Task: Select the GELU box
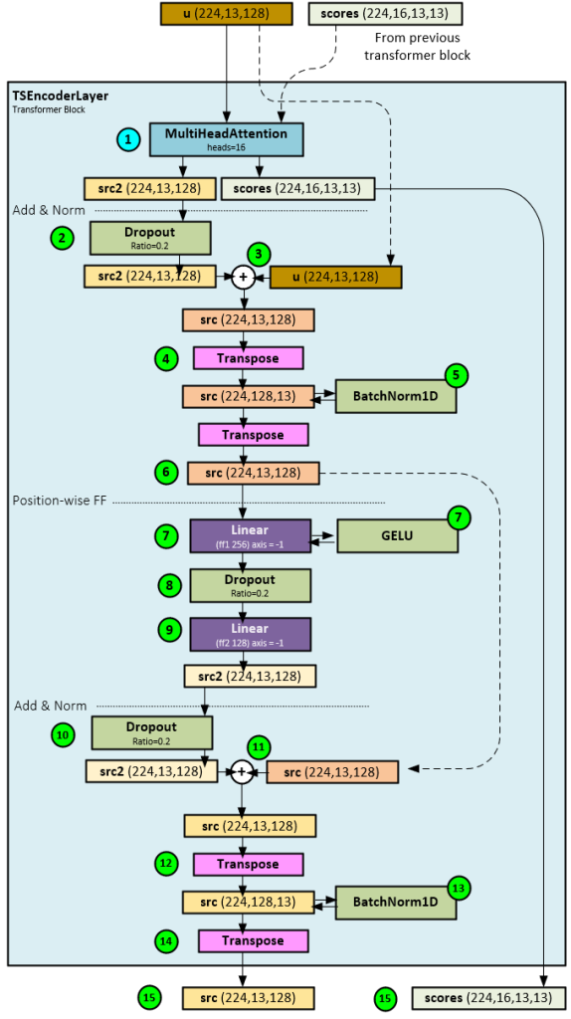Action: [397, 536]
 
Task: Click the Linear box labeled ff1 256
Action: [250, 535]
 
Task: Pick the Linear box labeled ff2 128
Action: [250, 634]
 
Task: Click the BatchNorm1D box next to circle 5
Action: [395, 396]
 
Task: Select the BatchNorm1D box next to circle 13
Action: [395, 903]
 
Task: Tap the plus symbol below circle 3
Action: [243, 278]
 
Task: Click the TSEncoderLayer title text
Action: [60, 96]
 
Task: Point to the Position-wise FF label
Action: [59, 501]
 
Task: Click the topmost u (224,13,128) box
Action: [228, 14]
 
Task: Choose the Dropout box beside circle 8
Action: [250, 585]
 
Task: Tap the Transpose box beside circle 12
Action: [249, 864]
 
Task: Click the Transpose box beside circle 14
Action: [254, 940]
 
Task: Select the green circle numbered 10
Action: [64, 735]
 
